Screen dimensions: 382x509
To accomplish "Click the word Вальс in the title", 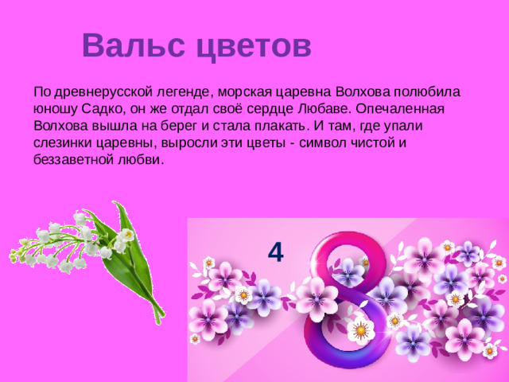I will (x=132, y=45).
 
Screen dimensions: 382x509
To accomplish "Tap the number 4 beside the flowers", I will (x=275, y=252).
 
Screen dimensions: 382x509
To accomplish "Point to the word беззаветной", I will (x=76, y=160).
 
